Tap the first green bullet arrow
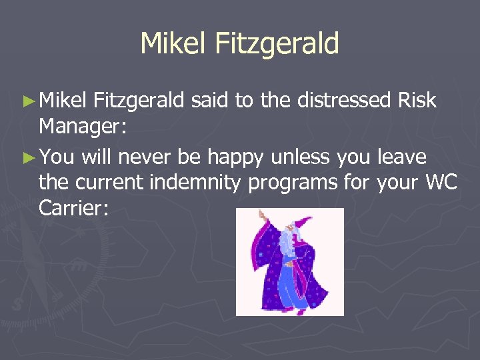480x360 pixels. pos(27,101)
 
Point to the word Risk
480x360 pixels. pos(417,101)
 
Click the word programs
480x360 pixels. pos(294,181)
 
